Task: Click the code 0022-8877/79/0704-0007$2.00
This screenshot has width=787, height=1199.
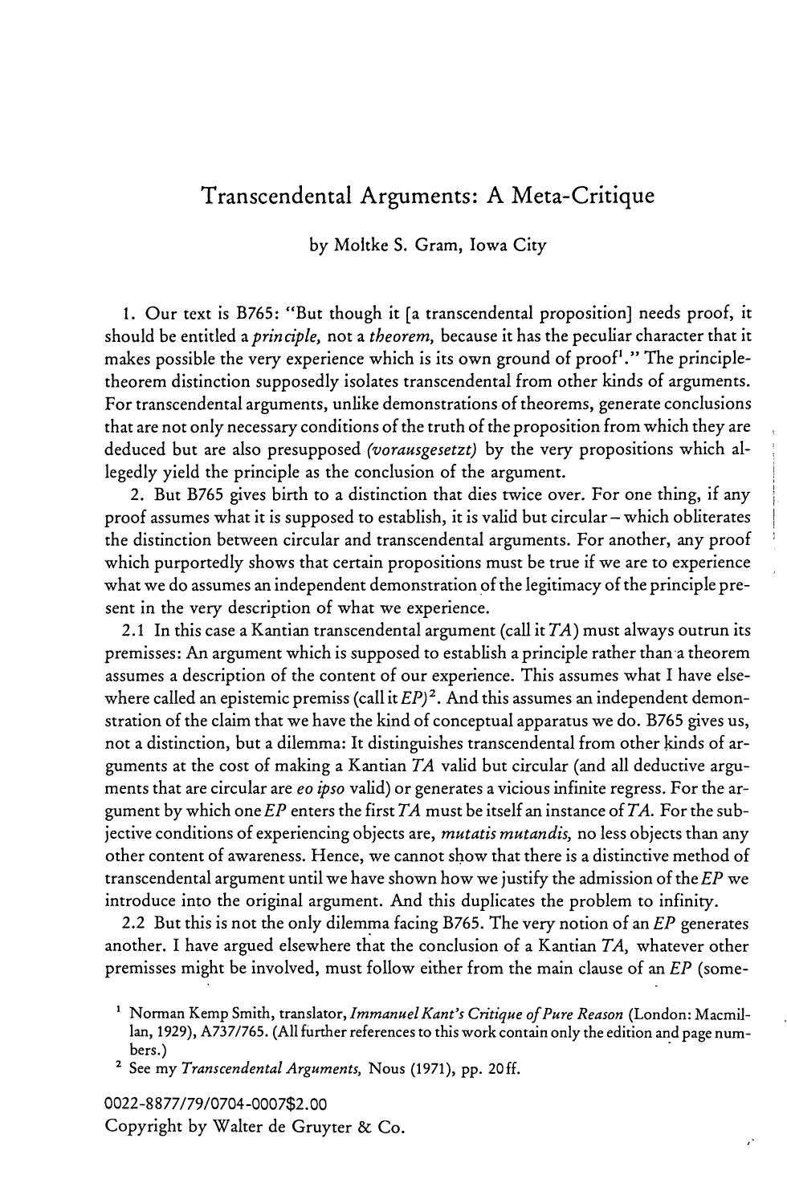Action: (216, 1104)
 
